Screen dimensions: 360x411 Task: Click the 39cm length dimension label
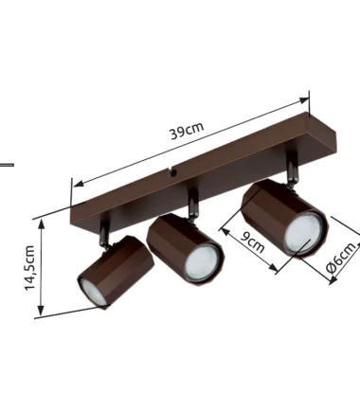coord(188,130)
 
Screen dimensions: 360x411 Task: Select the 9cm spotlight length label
coord(252,241)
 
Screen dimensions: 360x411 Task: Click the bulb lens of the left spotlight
coord(92,292)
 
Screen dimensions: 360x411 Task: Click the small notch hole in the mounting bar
coord(172,171)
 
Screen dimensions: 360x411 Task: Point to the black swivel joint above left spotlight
coord(105,234)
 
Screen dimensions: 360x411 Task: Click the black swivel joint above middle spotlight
coord(192,205)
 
